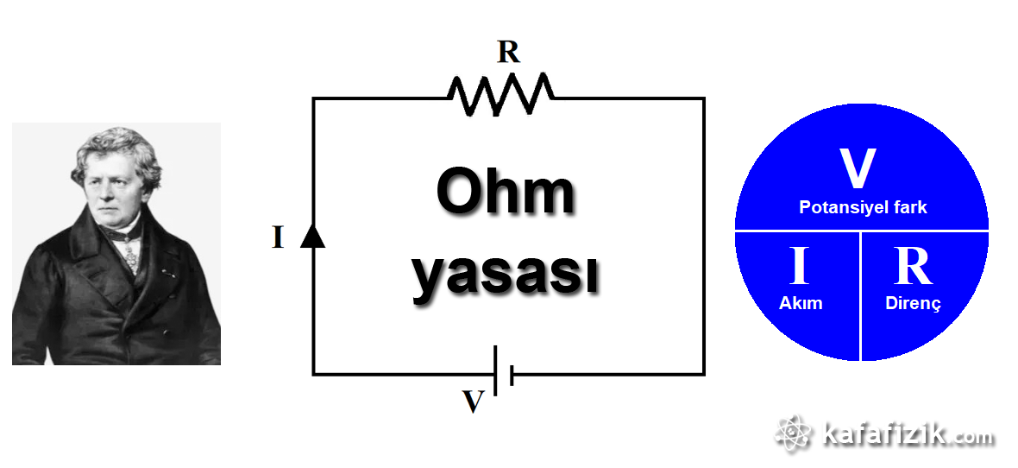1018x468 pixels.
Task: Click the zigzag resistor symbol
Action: coord(500,93)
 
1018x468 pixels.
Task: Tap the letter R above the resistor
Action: coord(509,53)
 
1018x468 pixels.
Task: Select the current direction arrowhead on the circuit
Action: coord(312,235)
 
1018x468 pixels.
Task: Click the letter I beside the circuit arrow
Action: coord(278,237)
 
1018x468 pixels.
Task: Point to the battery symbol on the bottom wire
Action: coord(504,373)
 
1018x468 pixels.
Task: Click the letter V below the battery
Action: coord(473,402)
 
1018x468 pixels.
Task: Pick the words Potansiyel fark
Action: coord(863,207)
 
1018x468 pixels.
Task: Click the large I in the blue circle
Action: coord(799,267)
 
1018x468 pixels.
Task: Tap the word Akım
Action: coord(801,303)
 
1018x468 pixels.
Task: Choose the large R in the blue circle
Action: coord(913,267)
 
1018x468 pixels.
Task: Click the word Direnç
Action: coord(913,303)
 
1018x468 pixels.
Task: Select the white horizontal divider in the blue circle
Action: coord(861,230)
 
